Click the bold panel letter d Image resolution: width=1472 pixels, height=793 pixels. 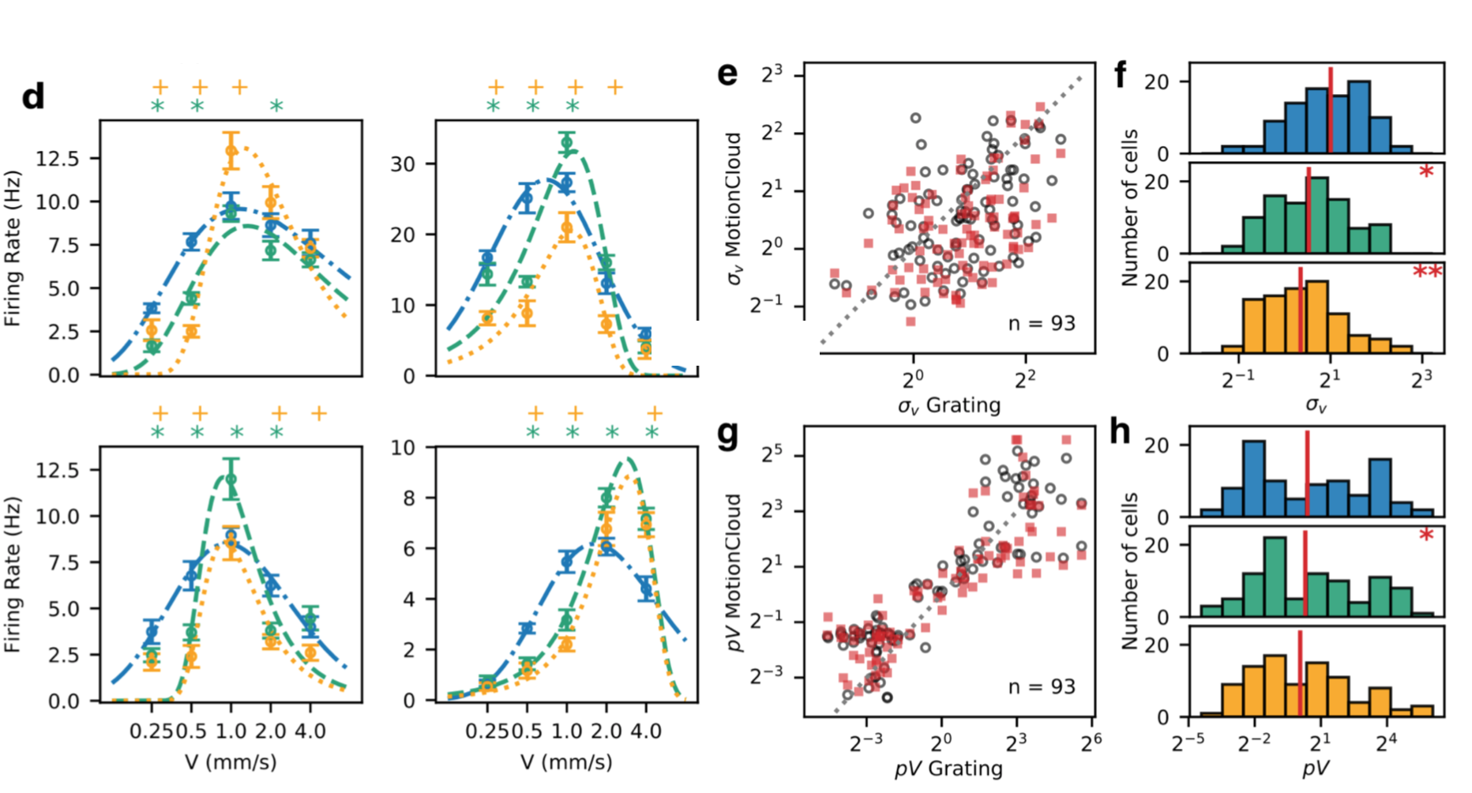click(x=33, y=97)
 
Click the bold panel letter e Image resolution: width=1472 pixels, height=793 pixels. click(x=727, y=73)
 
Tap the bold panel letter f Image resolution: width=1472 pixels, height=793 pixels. click(x=1121, y=75)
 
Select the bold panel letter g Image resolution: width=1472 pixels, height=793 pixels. click(x=727, y=434)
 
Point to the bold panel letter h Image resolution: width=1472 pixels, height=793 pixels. click(x=1120, y=432)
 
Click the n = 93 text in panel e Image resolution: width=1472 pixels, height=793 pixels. click(x=1042, y=323)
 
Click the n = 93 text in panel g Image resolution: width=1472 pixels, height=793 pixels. click(x=1042, y=686)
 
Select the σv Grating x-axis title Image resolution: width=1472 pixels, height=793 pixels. click(x=948, y=406)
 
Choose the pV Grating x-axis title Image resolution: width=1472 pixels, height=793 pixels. click(x=948, y=768)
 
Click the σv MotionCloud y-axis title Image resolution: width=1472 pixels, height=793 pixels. click(x=734, y=208)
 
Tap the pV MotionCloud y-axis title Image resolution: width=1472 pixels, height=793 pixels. click(x=734, y=572)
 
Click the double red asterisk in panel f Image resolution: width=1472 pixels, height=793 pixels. click(x=1426, y=273)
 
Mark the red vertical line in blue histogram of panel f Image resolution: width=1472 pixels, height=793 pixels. click(x=1331, y=110)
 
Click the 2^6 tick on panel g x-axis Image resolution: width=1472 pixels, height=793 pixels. click(x=1091, y=742)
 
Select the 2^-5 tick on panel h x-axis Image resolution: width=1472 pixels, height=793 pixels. click(x=1188, y=742)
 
